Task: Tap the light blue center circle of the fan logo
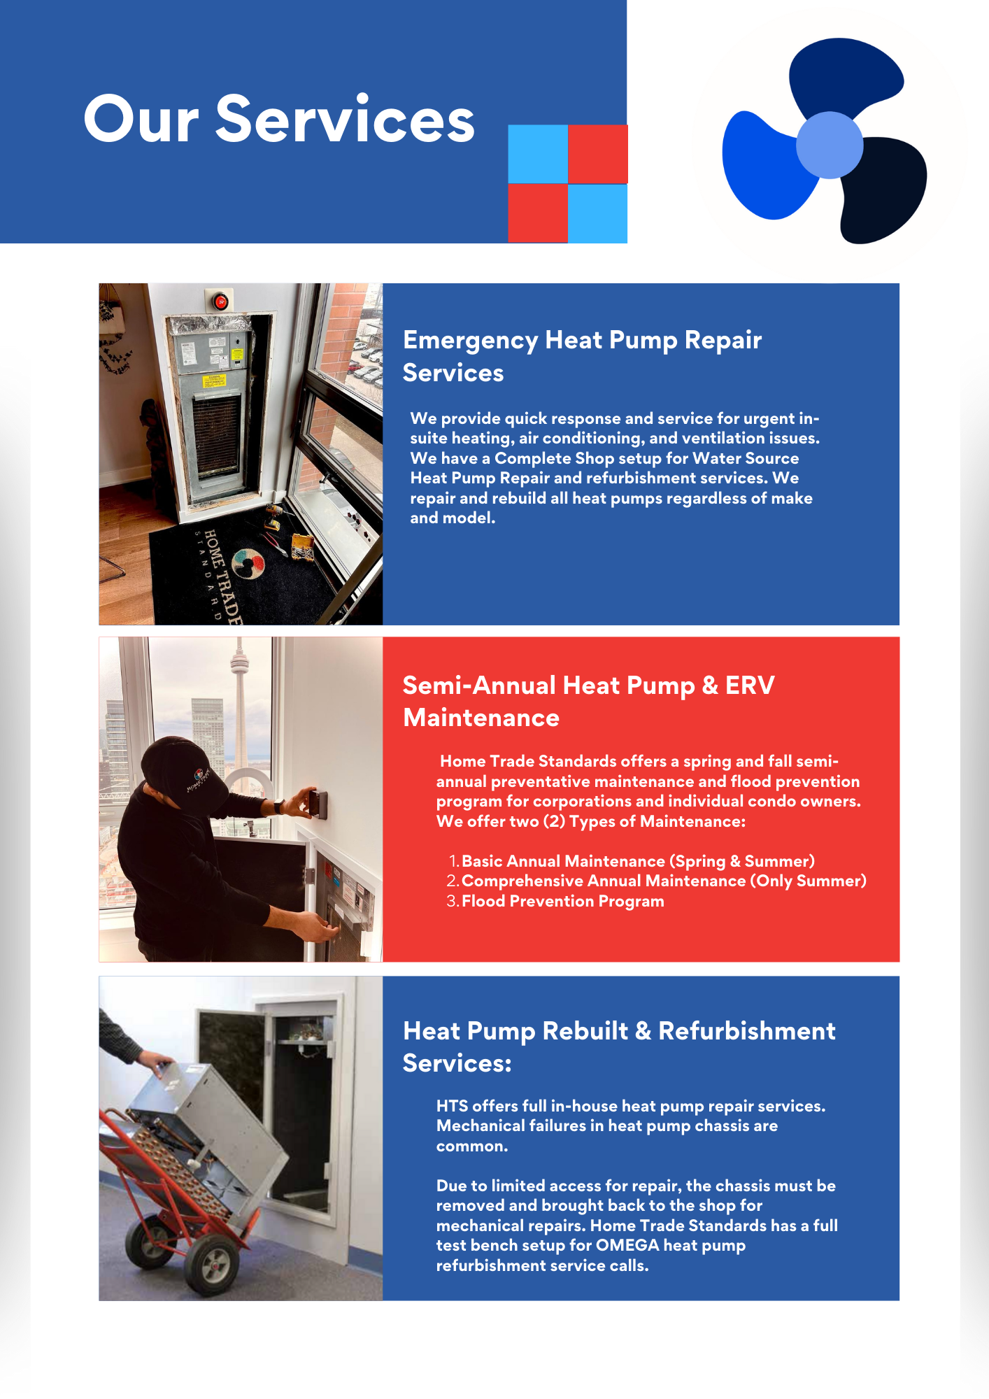point(829,145)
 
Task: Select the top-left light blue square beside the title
point(537,154)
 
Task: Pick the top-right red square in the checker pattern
point(597,154)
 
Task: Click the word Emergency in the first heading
point(470,340)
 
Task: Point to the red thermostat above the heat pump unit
point(220,301)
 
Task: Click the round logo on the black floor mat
point(248,563)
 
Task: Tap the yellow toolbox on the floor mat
point(302,546)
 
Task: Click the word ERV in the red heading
point(749,686)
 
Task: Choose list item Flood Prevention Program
point(562,901)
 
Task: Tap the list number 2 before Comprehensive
point(452,881)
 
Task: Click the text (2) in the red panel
point(554,821)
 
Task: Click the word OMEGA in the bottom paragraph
point(627,1245)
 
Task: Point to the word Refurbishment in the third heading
point(746,1031)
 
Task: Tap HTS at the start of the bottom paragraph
point(453,1106)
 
